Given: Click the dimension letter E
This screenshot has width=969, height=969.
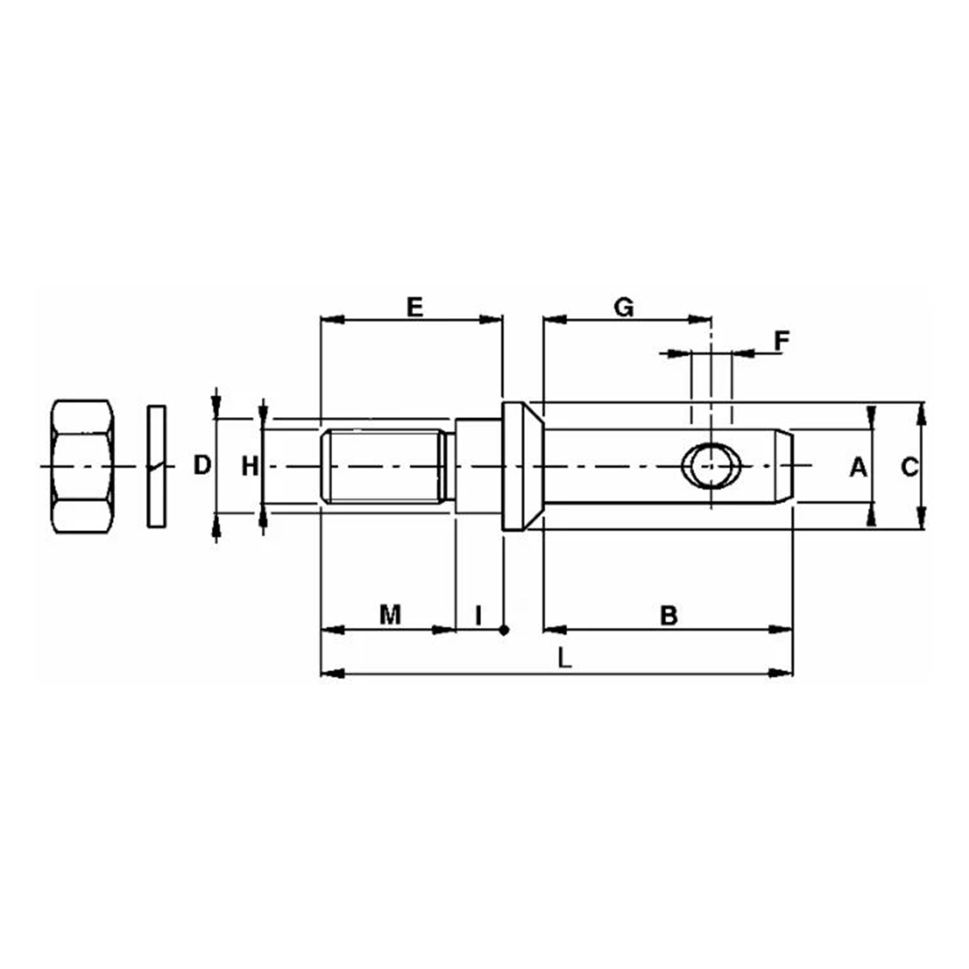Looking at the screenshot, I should (x=414, y=307).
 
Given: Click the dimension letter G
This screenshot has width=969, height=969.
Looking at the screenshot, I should (x=624, y=307).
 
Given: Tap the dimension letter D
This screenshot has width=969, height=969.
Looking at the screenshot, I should (x=203, y=465).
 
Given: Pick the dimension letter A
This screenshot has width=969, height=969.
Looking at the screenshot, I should (x=857, y=467).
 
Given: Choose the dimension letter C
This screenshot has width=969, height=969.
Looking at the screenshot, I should (x=909, y=467).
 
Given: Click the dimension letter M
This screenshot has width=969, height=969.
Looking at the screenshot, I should (x=388, y=615).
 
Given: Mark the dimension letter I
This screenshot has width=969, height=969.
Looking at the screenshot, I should (x=478, y=615).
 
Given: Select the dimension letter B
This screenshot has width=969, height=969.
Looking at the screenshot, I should (x=668, y=615).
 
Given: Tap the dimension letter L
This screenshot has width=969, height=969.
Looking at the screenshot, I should (x=563, y=659).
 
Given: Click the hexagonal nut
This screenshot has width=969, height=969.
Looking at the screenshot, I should (x=83, y=467).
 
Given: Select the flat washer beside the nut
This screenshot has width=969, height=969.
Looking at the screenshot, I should (x=156, y=467).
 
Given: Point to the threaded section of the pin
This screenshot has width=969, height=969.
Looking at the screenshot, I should (x=384, y=467).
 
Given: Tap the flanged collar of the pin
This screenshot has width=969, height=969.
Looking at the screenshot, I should (x=518, y=467).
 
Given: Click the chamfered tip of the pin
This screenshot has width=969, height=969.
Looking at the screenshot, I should (x=784, y=467).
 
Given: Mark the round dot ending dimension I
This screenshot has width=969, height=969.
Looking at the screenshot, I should (x=504, y=630).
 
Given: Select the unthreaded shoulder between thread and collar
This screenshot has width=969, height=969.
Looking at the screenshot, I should (x=476, y=467).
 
